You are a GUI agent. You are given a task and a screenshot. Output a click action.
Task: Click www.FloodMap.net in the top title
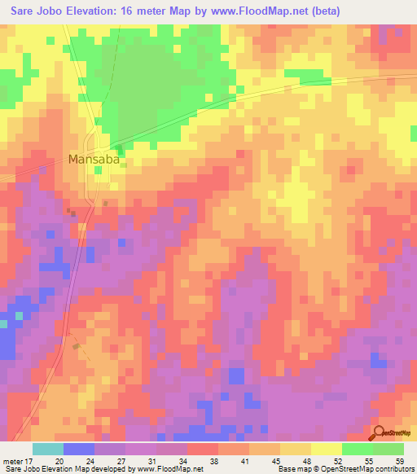point(251,11)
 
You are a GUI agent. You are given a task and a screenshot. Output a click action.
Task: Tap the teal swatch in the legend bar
point(48,449)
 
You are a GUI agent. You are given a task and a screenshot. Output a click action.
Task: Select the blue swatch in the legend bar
point(79,449)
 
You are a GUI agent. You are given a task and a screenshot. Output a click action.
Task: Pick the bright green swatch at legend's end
point(388,449)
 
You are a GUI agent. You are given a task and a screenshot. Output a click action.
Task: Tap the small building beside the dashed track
point(77,346)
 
